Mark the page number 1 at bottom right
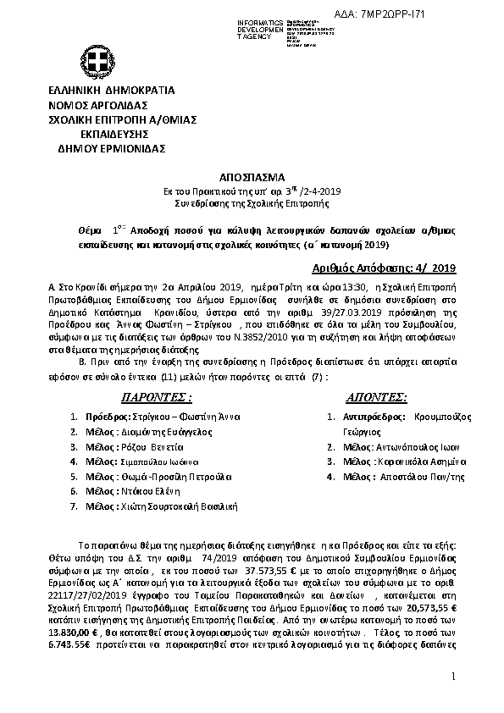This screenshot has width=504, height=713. point(453,677)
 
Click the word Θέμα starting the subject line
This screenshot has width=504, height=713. point(83,229)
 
